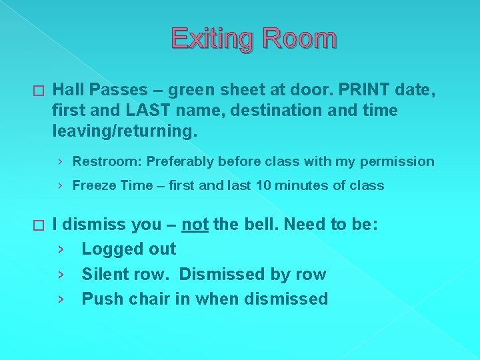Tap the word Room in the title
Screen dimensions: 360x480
tap(299, 39)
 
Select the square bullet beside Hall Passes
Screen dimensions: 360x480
tap(37, 90)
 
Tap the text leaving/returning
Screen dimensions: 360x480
tap(125, 131)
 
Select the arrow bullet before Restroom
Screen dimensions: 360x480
tap(61, 161)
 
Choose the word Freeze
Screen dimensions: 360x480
tap(93, 185)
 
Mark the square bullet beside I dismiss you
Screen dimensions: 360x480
tap(37, 227)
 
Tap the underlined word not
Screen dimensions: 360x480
tap(195, 224)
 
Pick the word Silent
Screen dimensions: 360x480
tap(104, 274)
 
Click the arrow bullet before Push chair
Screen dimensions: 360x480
tap(61, 299)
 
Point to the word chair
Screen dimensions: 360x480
tap(147, 299)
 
